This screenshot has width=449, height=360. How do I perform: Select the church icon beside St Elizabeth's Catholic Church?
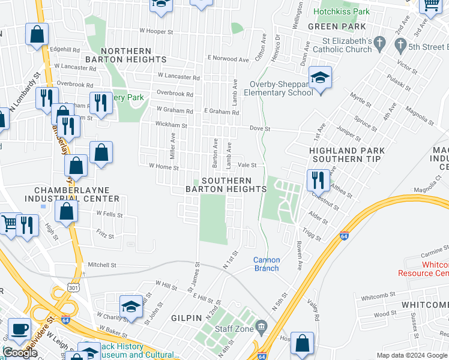(x=379, y=43)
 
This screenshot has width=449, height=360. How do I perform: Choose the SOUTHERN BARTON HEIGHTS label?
(x=226, y=185)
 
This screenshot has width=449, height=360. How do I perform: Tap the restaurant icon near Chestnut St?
(x=318, y=179)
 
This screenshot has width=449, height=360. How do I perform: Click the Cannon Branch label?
(x=266, y=264)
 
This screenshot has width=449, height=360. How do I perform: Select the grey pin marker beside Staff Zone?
(x=261, y=327)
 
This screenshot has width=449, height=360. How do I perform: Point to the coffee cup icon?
(x=20, y=329)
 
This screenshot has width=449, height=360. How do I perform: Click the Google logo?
(x=20, y=353)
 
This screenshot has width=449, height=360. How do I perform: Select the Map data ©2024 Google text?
(x=411, y=356)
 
